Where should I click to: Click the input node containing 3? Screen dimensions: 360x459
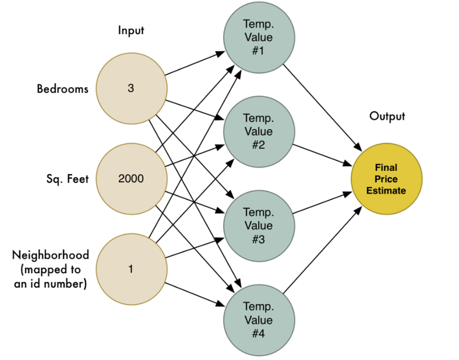[x=131, y=89]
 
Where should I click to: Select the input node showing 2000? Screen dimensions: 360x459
[x=131, y=179]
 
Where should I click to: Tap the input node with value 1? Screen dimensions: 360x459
[x=131, y=269]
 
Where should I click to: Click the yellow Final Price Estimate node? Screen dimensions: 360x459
[x=386, y=179]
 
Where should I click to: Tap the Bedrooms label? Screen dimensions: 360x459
[x=62, y=89]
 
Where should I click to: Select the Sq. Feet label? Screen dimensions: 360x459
[x=67, y=179]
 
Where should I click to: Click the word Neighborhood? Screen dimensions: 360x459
[x=50, y=255]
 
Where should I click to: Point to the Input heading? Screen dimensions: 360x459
[x=131, y=30]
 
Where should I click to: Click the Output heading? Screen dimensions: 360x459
[x=387, y=116]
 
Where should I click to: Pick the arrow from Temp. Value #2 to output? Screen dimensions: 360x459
[x=322, y=154]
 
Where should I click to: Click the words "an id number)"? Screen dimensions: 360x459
[x=50, y=284]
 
